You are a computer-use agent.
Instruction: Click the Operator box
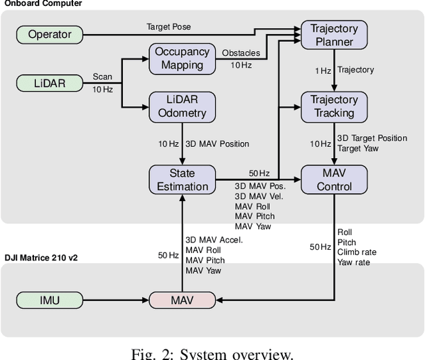coord(50,34)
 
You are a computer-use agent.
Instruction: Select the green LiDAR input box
coord(50,83)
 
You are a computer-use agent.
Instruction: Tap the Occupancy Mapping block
coord(181,58)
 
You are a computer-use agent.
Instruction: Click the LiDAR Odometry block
coord(181,106)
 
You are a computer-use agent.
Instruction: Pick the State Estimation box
coord(181,180)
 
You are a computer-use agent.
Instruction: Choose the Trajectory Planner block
coord(334,35)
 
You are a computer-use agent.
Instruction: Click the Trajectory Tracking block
coord(334,106)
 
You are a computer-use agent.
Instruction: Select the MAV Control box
coord(334,179)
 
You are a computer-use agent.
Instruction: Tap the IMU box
coord(50,300)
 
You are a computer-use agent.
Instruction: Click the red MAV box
coord(181,300)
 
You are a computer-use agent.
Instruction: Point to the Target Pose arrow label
coord(169,26)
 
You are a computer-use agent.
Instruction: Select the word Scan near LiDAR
coord(102,76)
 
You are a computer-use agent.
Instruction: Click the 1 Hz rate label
coord(323,70)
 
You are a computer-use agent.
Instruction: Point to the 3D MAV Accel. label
coord(214,240)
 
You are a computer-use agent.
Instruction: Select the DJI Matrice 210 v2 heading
coord(41,257)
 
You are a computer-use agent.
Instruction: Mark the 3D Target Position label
coord(373,138)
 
